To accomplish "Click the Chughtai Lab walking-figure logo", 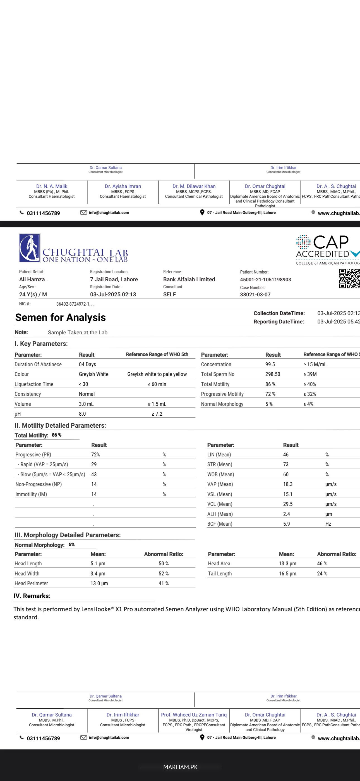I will (x=30, y=248).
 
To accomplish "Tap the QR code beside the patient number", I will (x=349, y=278).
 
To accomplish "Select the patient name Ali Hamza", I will (x=33, y=279).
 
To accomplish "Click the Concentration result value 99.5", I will (x=270, y=364).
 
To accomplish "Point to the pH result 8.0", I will (x=82, y=413).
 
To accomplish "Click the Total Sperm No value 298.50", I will (x=272, y=374).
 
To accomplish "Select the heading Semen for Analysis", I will (x=60, y=317).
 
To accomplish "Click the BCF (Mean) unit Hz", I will (x=328, y=523).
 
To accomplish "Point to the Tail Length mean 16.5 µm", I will (x=287, y=573).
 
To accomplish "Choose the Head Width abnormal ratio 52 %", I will (x=163, y=573).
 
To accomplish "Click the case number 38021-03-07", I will (x=255, y=294).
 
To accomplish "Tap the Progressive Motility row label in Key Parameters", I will (x=222, y=394).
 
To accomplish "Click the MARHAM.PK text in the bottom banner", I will (x=180, y=767).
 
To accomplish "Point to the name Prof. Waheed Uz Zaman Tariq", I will (x=194, y=715).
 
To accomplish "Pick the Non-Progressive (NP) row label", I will (x=39, y=484).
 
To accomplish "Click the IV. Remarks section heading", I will (x=32, y=596).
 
